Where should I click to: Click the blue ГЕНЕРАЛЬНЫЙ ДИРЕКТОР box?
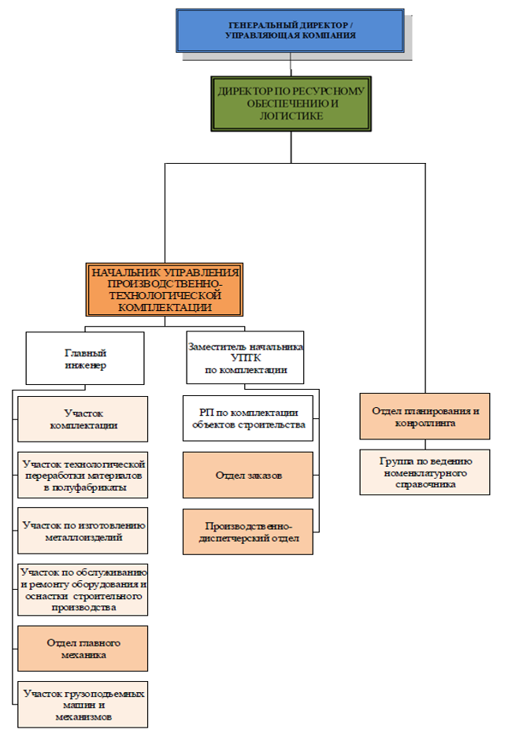coord(290,31)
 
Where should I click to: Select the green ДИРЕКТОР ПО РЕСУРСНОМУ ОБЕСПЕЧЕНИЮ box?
coord(291,104)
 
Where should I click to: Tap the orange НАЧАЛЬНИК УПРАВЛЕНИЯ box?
coord(165,290)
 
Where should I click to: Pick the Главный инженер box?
coord(85,358)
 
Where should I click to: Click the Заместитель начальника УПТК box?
coord(245,357)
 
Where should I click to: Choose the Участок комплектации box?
coord(83,420)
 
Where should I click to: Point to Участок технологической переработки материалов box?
coord(83,475)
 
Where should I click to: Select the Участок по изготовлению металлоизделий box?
coord(83,531)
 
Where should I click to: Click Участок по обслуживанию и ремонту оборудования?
coord(83,590)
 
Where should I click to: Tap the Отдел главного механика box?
coord(83,649)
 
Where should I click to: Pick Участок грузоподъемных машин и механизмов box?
coord(83,705)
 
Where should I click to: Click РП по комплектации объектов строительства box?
coord(248,418)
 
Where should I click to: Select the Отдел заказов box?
coord(248,475)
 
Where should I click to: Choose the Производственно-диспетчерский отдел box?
coord(248,532)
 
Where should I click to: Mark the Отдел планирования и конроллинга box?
coord(425,416)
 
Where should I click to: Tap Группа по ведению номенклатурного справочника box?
coord(425,472)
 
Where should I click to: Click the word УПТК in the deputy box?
coord(246,358)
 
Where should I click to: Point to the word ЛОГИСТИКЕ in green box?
coord(291,116)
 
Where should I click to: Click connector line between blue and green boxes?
coord(291,65)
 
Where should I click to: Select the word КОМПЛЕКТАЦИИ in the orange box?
coord(165,308)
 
